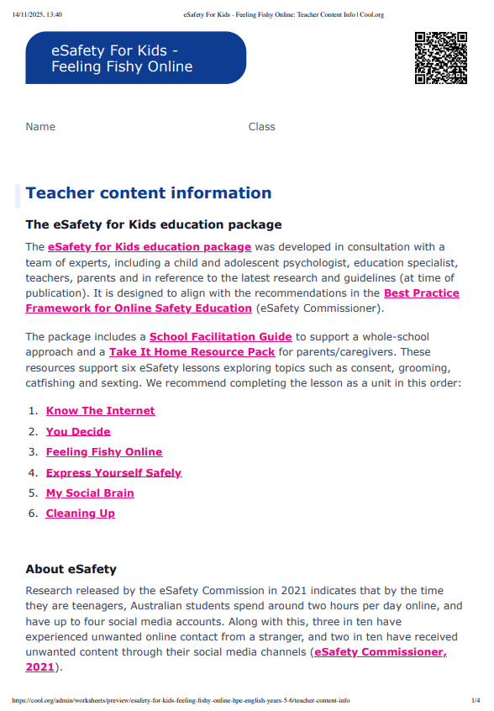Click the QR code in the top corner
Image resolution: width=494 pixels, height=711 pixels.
pyautogui.click(x=441, y=58)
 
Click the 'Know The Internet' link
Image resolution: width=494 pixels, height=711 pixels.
pyautogui.click(x=100, y=411)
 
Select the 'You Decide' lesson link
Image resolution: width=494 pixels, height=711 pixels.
pyautogui.click(x=78, y=431)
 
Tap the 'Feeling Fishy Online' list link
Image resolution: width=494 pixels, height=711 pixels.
pyautogui.click(x=104, y=452)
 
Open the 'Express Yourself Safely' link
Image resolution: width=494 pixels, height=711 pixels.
pyautogui.click(x=113, y=472)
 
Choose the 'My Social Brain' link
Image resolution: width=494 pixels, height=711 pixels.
pyautogui.click(x=90, y=493)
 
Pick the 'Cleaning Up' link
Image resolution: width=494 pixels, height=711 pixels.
pyautogui.click(x=80, y=513)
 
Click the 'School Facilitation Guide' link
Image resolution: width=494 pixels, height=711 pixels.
pyautogui.click(x=221, y=337)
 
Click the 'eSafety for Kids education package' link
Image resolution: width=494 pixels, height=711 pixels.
pyautogui.click(x=150, y=247)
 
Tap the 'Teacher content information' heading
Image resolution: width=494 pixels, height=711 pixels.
pyautogui.click(x=149, y=193)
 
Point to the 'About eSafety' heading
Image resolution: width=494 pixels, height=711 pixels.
pyautogui.click(x=71, y=570)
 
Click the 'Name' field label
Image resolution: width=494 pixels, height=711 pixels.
pyautogui.click(x=40, y=127)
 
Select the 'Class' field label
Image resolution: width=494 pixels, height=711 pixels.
pyautogui.click(x=261, y=127)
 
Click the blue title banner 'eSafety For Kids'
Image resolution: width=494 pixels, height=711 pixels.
pyautogui.click(x=135, y=58)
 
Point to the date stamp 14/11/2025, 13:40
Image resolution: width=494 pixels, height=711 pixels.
pyautogui.click(x=37, y=14)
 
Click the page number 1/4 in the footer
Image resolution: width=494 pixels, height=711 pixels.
pyautogui.click(x=476, y=700)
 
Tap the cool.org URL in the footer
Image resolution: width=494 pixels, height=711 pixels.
pyautogui.click(x=181, y=700)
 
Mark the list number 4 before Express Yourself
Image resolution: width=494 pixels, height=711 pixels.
pyautogui.click(x=33, y=472)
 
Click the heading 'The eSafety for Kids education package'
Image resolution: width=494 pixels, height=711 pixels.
pyautogui.click(x=153, y=225)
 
